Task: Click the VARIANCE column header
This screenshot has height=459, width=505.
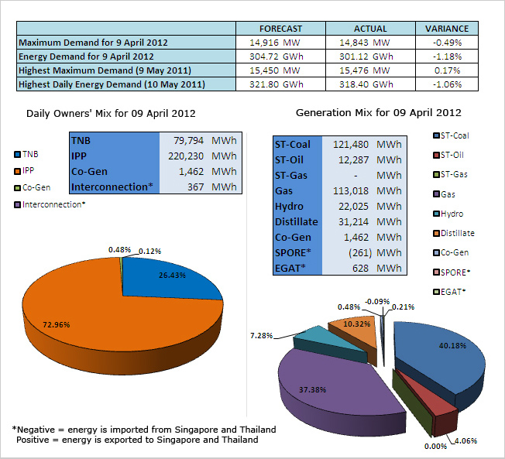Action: click(447, 29)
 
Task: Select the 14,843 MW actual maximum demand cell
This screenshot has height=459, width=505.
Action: click(365, 43)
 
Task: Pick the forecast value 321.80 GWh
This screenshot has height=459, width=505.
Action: click(277, 84)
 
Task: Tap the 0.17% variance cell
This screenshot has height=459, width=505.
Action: click(447, 70)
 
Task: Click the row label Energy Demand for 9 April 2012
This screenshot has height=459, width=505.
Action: click(86, 57)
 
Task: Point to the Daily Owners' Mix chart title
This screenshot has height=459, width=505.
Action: click(111, 114)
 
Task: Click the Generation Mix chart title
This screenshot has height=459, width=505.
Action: click(379, 113)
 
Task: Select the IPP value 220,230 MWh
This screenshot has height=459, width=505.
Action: click(202, 156)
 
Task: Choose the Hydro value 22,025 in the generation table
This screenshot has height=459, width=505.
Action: click(353, 207)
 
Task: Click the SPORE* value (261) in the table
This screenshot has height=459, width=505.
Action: click(360, 252)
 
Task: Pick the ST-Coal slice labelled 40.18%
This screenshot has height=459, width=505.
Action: click(445, 358)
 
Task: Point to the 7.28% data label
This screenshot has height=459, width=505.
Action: click(262, 336)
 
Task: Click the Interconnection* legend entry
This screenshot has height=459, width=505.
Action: click(50, 204)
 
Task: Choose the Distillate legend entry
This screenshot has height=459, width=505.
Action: click(454, 233)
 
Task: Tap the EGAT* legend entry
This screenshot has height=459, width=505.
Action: click(449, 292)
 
